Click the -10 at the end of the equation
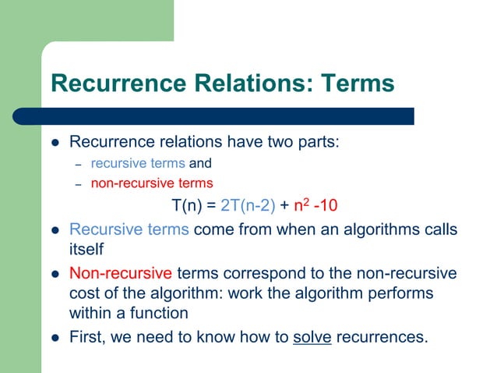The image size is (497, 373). [x=325, y=206]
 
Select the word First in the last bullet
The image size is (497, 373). [x=87, y=338]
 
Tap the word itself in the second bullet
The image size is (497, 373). [x=84, y=250]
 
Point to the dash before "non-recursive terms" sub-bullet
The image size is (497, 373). [x=78, y=185]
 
